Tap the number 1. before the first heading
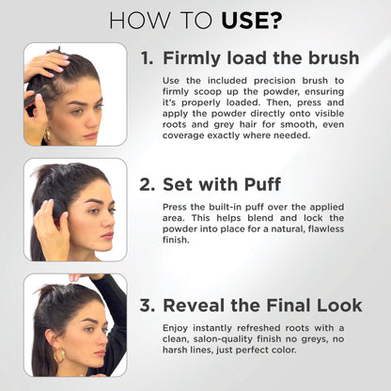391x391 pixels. [x=147, y=57]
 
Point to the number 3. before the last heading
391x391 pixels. [x=148, y=305]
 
